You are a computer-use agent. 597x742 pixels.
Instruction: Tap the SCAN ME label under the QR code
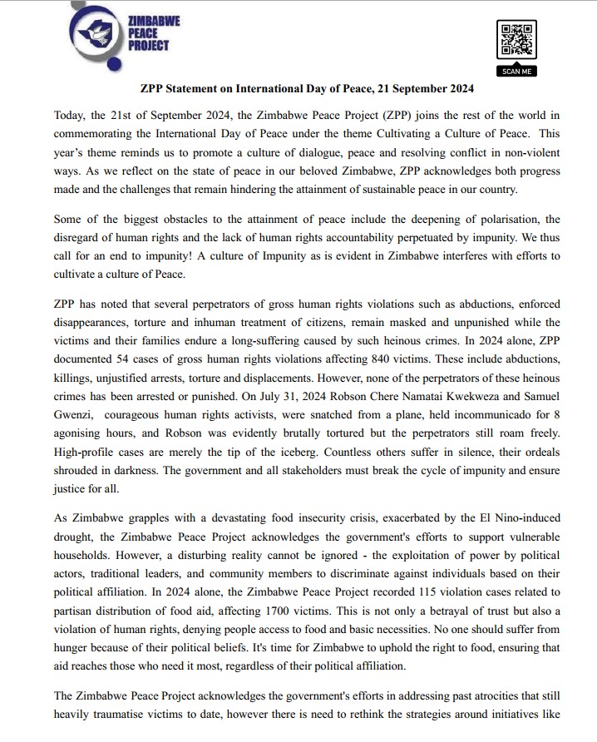tap(516, 72)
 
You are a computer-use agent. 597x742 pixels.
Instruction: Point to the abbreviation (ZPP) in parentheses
tap(356, 114)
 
